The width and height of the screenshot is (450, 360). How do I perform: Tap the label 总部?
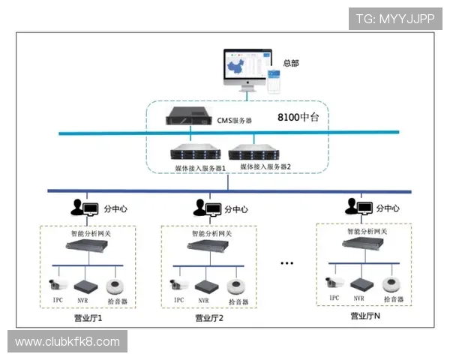(x=290, y=63)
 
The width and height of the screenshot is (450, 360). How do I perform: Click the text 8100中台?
(x=298, y=118)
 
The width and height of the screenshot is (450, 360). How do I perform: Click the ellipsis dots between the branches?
(x=286, y=263)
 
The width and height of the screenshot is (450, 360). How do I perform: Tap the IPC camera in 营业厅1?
(x=58, y=284)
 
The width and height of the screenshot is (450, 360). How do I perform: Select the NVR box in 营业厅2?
(x=204, y=286)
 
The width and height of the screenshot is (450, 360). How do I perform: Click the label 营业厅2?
(x=209, y=317)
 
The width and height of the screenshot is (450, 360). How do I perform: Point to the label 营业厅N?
(x=365, y=316)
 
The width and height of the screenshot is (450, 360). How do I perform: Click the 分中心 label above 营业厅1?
(x=113, y=209)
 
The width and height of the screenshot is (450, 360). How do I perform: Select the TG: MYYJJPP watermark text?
(x=394, y=18)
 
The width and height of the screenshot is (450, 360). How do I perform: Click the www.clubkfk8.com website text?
(x=67, y=342)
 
